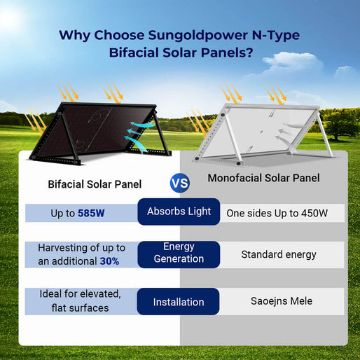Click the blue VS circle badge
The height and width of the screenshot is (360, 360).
pos(180,184)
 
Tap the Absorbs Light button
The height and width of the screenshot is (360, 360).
pos(179,212)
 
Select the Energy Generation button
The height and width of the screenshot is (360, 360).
pos(179,253)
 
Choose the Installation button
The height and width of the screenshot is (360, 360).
pos(179,302)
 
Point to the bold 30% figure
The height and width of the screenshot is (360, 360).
pos(109,261)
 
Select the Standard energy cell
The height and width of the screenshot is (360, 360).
pos(279,254)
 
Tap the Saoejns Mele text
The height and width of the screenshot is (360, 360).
pos(277,301)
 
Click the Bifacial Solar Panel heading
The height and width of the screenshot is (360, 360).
pos(95,184)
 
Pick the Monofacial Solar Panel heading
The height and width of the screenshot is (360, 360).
pos(263,179)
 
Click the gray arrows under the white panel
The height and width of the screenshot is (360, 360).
pos(287,137)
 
